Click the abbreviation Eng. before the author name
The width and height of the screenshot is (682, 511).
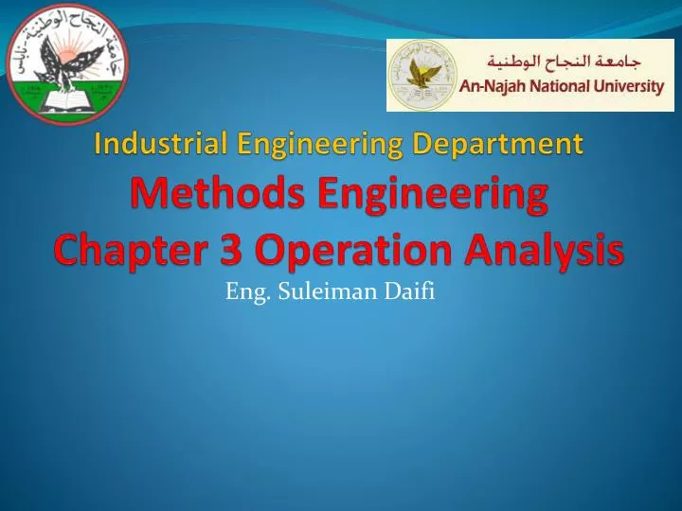click(242, 292)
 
